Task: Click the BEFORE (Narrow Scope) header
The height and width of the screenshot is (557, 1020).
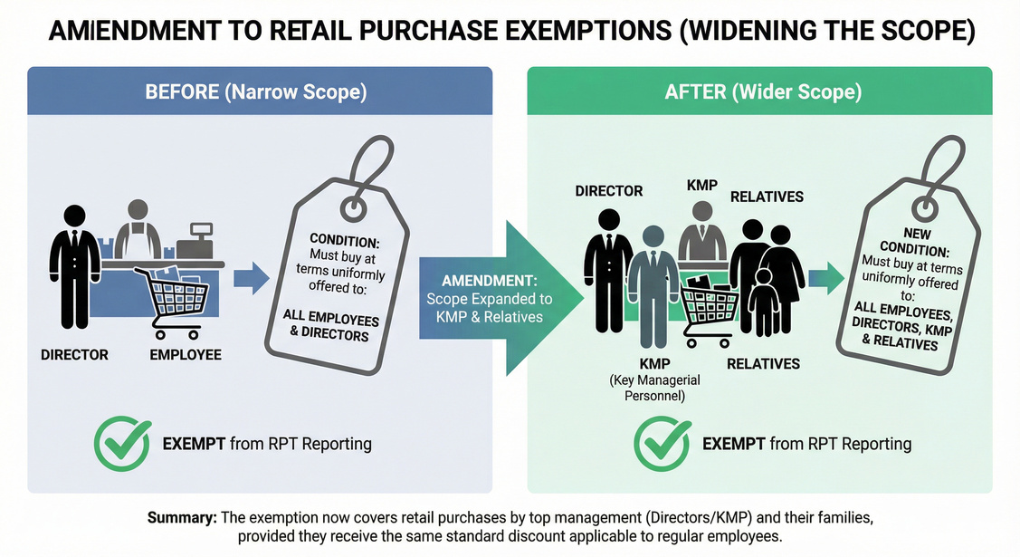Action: click(260, 91)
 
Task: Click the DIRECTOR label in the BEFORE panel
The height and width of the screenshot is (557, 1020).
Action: click(75, 355)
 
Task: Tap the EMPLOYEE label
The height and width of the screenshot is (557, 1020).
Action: click(186, 355)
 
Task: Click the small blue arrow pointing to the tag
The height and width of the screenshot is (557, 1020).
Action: click(251, 277)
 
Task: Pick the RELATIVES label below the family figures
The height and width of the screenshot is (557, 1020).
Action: click(765, 364)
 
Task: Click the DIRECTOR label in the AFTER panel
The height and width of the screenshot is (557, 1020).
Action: click(609, 191)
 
